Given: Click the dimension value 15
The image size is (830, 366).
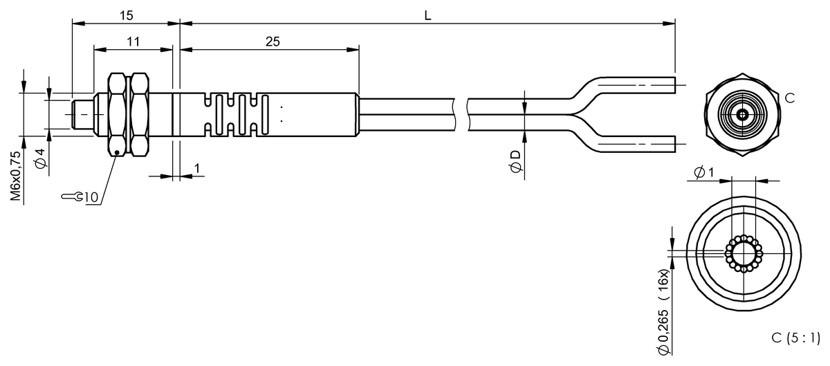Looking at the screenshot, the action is (126, 16).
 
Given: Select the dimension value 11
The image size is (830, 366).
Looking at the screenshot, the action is (133, 42).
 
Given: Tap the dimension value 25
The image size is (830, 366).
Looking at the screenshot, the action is (273, 42).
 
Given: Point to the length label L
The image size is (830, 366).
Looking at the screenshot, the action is (427, 16).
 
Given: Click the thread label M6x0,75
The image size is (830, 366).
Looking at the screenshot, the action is (16, 176).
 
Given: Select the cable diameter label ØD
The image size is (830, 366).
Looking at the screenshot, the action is (515, 162).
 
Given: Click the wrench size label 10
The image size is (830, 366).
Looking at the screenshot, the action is (91, 197).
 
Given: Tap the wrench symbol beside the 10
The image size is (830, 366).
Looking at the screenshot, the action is (72, 196).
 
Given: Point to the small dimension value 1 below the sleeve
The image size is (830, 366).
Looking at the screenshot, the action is (197, 168).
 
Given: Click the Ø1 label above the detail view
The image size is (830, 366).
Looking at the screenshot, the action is (703, 172).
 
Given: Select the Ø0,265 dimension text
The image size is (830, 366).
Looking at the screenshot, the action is (663, 332).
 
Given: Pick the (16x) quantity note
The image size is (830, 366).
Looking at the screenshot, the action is (663, 284).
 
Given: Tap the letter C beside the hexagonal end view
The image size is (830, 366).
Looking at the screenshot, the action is (790, 98).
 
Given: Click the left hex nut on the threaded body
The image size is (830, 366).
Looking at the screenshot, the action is (117, 115).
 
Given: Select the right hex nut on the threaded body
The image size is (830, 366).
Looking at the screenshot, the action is (139, 115).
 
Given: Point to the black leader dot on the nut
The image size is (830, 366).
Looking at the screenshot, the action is (117, 152).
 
